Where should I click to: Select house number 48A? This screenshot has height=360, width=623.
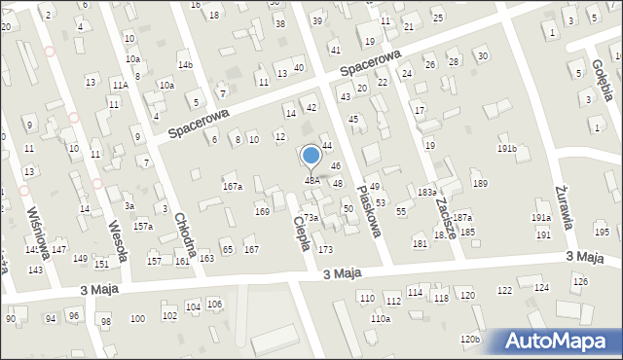coord(311,180)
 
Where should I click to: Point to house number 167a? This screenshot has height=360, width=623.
coord(233,186)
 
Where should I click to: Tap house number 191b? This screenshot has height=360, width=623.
coord(507,148)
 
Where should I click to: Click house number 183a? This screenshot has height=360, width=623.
coord(427,193)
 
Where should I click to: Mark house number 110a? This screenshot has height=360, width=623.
coord(380,318)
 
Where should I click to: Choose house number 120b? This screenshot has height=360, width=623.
coord(470,339)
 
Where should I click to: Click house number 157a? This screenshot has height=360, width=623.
coord(143,226)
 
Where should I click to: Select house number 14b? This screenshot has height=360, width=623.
coord(185,65)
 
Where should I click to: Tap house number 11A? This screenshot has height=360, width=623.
coord(119,86)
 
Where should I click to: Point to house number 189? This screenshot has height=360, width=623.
coord(479,184)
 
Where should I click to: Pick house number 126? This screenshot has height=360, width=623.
coord(580,281)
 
